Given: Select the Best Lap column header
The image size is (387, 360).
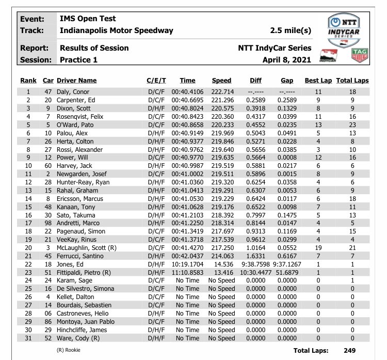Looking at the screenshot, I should [318, 81].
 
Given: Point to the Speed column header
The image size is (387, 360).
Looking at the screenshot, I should [221, 81].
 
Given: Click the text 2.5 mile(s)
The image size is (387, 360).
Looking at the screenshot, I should [291, 30].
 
